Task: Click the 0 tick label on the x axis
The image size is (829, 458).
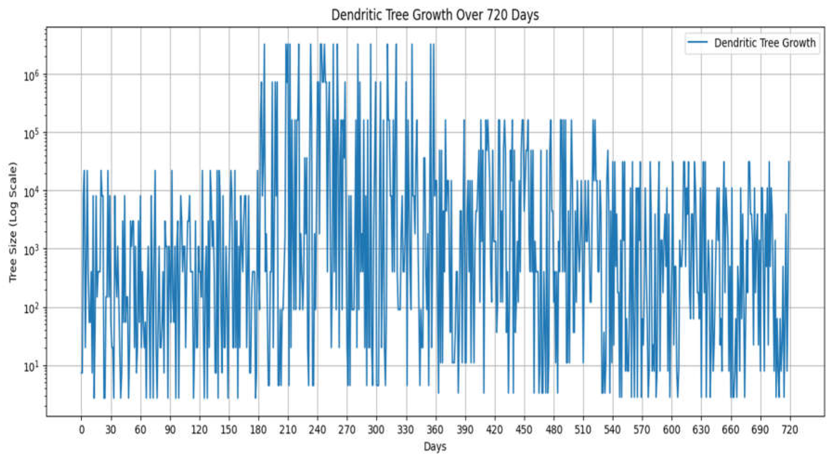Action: pyautogui.click(x=82, y=430)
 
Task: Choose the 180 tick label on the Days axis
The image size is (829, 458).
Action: pyautogui.click(x=258, y=430)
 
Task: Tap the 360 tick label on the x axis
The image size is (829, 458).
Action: pyautogui.click(x=436, y=430)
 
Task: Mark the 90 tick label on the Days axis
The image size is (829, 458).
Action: pyautogui.click(x=170, y=430)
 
